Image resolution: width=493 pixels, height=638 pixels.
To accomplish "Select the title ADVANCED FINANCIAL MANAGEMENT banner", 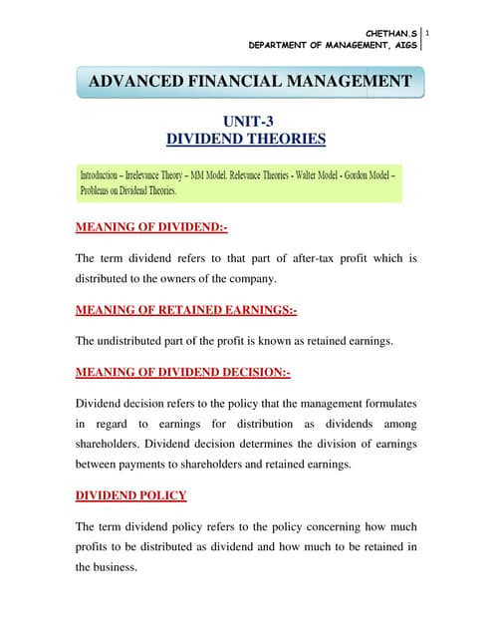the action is (250, 81).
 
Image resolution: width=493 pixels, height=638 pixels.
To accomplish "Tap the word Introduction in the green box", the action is (109, 174).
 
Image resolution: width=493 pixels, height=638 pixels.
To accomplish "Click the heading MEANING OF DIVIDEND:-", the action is (151, 227).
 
